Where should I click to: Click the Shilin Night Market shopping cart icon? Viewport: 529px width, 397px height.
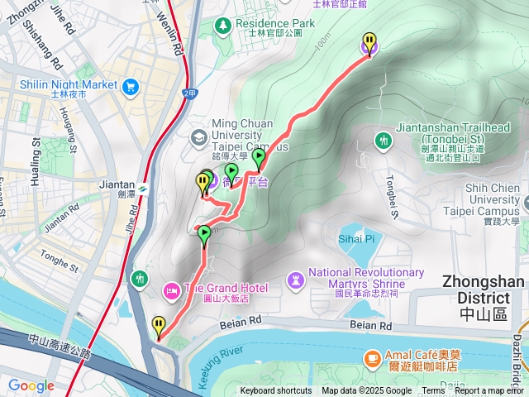coord(131,85)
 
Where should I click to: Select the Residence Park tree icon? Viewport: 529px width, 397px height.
coord(223,25)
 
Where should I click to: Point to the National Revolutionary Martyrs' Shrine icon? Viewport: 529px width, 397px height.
coord(295,280)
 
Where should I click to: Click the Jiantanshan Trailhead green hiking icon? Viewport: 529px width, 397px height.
coord(383,140)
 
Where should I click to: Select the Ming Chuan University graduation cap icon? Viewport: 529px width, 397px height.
coord(198,136)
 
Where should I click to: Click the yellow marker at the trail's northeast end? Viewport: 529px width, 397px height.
coord(369,41)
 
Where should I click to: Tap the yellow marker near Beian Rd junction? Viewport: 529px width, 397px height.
coord(159,326)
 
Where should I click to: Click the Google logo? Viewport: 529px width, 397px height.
coord(31,385)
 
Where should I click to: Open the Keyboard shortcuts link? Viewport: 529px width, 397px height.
coord(276,391)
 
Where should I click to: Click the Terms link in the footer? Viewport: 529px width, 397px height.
coord(433,391)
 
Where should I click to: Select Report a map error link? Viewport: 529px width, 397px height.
coord(491,391)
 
